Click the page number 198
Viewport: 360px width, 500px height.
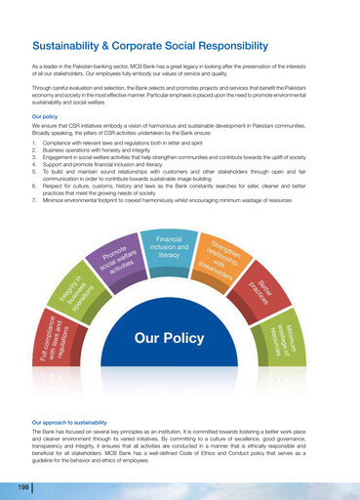(x=20, y=485)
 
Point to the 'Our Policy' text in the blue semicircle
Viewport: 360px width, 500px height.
(x=169, y=338)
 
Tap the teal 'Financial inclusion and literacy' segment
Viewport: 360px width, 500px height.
(x=169, y=246)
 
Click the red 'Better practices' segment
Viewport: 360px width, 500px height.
(x=260, y=290)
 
